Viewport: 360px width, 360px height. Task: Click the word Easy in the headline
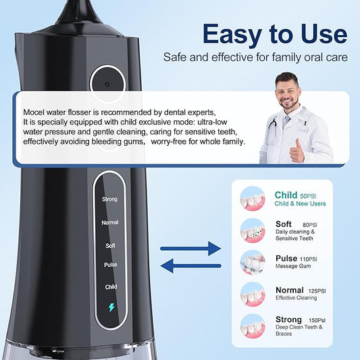point(232,35)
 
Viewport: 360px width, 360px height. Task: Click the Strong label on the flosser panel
point(109,199)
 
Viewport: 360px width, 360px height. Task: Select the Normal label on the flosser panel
point(110,222)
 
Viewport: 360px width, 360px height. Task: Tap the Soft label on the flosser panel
point(111,246)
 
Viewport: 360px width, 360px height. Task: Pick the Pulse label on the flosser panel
point(111,265)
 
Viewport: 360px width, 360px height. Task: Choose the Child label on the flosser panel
point(111,287)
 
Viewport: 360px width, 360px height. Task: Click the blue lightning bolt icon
point(111,307)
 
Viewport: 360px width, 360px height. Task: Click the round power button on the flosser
point(107,84)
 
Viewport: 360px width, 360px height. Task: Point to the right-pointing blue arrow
point(190,249)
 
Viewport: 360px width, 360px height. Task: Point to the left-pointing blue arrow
point(190,266)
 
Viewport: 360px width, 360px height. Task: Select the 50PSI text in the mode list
point(308,197)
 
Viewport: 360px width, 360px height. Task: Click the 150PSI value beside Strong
point(317,320)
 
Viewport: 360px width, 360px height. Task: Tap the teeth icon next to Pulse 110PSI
point(253,263)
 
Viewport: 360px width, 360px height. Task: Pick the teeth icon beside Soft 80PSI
point(253,230)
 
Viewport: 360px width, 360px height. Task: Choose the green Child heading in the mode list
point(286,195)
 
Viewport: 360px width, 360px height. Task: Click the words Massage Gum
point(293,266)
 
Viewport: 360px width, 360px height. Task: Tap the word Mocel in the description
point(34,112)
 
